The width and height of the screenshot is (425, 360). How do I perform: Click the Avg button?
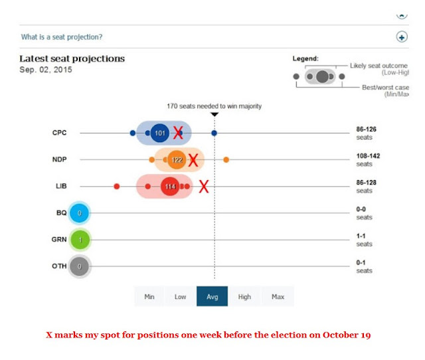(212, 296)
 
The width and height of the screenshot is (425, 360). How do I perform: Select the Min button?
(149, 296)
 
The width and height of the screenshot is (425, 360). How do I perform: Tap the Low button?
(180, 296)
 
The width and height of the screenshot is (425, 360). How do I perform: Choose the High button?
(244, 296)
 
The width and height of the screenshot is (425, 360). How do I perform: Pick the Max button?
(278, 296)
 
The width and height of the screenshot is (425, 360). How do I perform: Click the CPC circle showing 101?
(159, 133)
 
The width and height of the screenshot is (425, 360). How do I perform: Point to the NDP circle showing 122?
(177, 160)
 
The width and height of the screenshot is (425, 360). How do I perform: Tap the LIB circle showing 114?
(169, 187)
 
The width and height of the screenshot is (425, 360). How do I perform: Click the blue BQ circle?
(79, 213)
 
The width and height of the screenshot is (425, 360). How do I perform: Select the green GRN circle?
(79, 240)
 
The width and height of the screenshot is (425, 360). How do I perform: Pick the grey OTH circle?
(79, 266)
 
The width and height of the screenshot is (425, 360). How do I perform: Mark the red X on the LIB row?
(204, 187)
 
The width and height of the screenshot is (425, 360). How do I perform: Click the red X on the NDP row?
(193, 160)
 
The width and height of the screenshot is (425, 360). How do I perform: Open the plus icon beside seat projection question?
(401, 37)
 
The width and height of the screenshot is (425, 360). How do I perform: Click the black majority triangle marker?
(214, 114)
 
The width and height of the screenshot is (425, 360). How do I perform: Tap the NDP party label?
(60, 159)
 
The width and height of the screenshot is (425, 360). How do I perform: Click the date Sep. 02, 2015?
(45, 70)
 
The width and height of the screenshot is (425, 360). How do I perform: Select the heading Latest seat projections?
(72, 58)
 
